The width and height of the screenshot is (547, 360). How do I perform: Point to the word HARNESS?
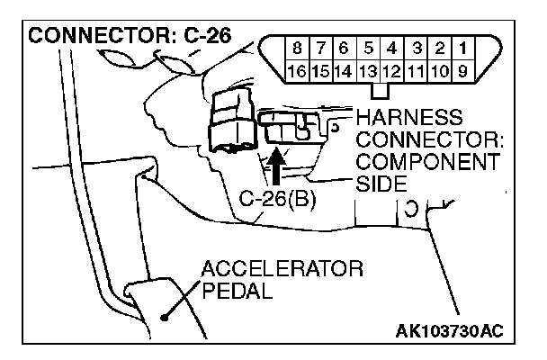[409, 119]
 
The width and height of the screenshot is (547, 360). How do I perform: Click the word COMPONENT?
[427, 162]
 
